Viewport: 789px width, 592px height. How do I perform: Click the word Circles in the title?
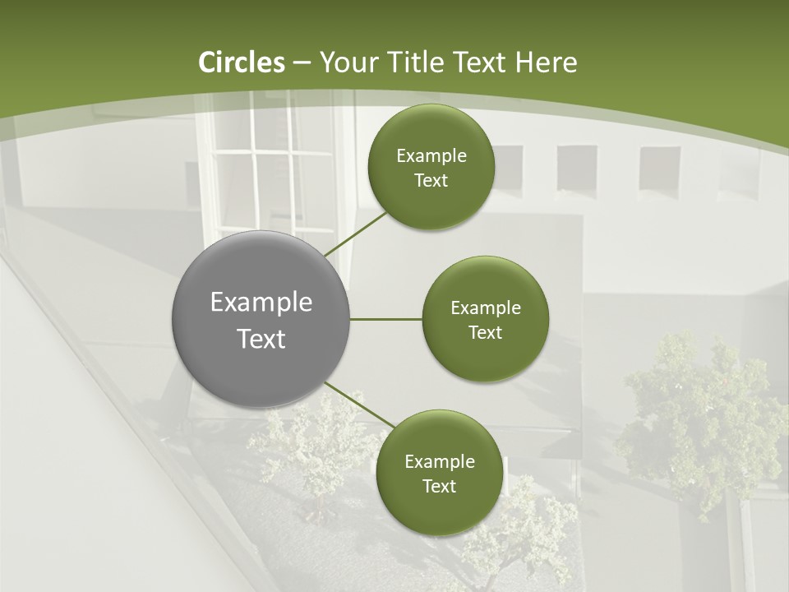[242, 62]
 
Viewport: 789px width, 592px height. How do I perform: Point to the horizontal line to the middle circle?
[385, 319]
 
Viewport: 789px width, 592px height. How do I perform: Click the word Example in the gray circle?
[261, 303]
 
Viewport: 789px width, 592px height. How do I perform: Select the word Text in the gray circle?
[261, 339]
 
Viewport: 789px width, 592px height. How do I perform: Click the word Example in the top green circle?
[431, 156]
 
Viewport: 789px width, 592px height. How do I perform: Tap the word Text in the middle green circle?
[485, 333]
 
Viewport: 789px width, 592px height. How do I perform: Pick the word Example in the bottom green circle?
[439, 462]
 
